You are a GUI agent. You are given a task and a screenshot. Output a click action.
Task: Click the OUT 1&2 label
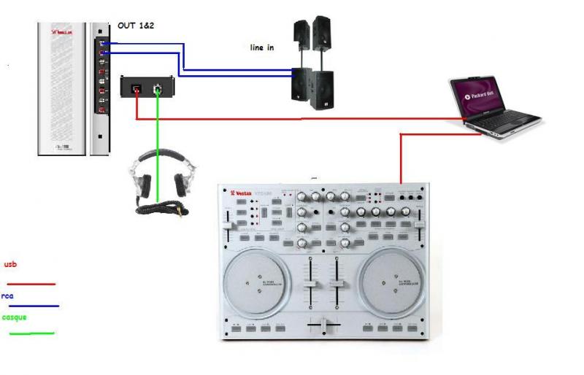135,26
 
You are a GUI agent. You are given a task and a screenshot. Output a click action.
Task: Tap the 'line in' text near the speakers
261,47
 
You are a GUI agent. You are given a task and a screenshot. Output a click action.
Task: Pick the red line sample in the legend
31,283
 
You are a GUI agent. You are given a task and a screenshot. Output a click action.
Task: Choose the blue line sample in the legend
34,306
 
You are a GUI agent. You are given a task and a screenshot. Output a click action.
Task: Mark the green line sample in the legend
31,333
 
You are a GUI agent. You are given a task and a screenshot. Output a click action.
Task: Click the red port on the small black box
135,89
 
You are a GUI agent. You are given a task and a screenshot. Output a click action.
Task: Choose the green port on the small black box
157,88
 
